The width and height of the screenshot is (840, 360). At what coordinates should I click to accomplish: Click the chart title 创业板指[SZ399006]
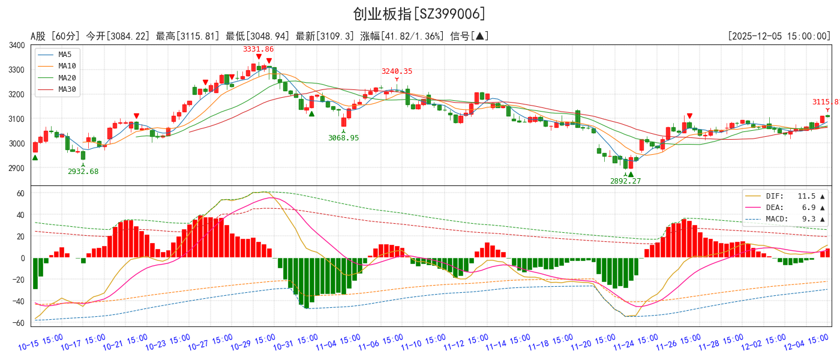(x=419, y=14)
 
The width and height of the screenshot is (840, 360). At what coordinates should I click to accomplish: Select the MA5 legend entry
(x=65, y=55)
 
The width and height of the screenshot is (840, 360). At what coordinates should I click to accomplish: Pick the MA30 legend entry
(x=67, y=89)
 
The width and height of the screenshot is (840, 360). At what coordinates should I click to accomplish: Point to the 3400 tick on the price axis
(x=17, y=46)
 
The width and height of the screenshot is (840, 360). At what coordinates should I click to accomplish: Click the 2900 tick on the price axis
(x=17, y=169)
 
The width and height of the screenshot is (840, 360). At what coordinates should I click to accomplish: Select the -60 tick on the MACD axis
(x=19, y=323)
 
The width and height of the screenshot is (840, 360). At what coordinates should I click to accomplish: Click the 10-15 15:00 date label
(x=41, y=343)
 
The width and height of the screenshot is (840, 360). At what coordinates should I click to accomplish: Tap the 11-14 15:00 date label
(x=508, y=343)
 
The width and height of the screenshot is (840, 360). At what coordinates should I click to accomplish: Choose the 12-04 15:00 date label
(x=806, y=343)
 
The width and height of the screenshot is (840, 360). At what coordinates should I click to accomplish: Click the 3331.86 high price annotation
(x=258, y=49)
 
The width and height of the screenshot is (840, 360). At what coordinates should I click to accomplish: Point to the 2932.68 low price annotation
(x=83, y=172)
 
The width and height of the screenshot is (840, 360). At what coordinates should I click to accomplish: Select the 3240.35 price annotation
(x=397, y=71)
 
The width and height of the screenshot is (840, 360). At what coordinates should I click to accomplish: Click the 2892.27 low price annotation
(x=625, y=181)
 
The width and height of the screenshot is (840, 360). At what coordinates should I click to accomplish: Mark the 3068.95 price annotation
(x=343, y=138)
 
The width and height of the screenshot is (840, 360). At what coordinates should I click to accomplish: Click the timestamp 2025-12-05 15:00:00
(x=779, y=37)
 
